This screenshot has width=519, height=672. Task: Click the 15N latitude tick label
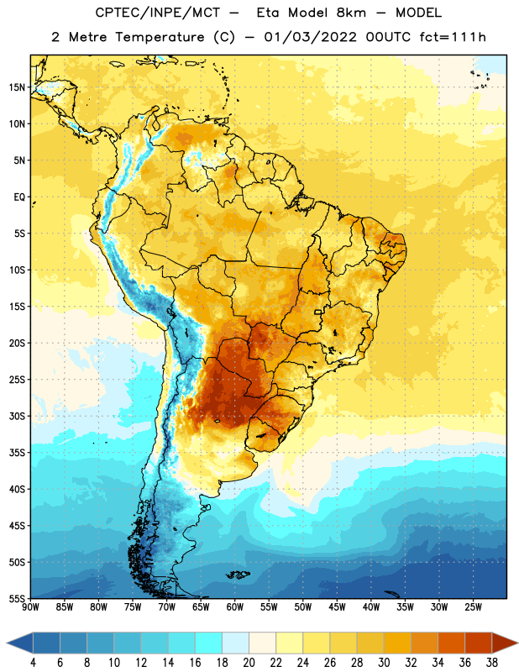17,87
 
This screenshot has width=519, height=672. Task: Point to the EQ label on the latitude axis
19,197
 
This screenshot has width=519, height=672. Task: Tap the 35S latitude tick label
17,453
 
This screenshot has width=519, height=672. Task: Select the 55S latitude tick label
17,598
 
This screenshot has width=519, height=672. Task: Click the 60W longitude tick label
235,607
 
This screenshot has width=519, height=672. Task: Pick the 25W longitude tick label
473,607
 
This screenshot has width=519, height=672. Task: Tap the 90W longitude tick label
30,607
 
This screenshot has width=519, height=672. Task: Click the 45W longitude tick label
337,607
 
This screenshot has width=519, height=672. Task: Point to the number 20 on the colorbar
249,663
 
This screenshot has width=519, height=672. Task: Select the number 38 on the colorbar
492,663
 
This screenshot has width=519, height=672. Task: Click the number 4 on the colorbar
33,663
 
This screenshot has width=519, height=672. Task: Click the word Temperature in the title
160,37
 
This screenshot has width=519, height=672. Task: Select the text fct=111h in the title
453,37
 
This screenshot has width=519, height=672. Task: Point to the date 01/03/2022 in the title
310,37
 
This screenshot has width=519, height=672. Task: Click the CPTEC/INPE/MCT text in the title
157,13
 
